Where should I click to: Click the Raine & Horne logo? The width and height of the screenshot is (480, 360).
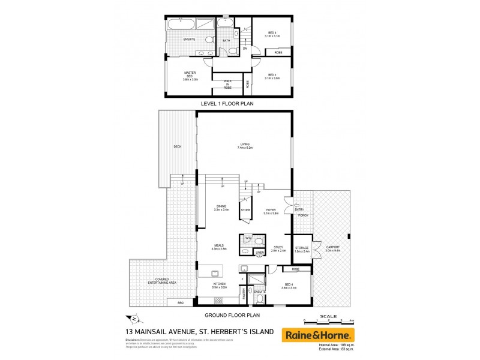point(319,334)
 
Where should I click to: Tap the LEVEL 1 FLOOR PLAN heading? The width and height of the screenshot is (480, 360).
point(228,103)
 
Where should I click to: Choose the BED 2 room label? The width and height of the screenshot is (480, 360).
point(272,76)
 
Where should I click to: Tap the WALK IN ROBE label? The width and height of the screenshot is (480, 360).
point(228,83)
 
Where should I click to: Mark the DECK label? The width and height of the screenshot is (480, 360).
point(177,146)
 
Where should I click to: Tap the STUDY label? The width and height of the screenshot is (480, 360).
point(278,248)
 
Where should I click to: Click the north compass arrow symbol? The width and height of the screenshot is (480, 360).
point(134,318)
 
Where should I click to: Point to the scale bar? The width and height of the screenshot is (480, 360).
point(328,321)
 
